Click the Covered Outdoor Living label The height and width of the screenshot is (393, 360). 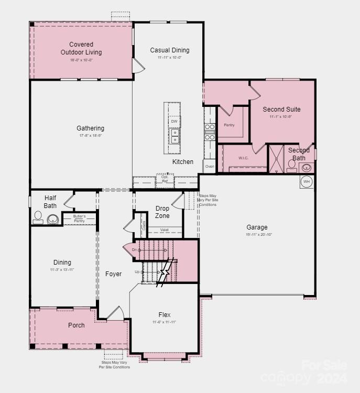[x=81, y=48]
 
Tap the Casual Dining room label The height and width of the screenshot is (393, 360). [x=169, y=50]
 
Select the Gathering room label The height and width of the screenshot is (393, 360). [x=90, y=128]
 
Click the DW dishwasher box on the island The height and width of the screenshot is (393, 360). [x=174, y=122]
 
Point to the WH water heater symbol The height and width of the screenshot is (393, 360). [x=307, y=181]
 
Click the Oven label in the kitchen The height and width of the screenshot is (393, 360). [x=210, y=167]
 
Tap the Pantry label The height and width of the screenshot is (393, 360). [x=229, y=125]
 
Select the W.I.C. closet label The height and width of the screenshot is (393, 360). [x=243, y=158]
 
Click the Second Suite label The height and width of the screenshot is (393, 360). [x=281, y=110]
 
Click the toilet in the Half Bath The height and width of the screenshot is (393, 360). [x=38, y=217]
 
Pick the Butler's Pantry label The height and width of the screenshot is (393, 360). [x=79, y=218]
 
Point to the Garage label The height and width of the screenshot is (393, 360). [x=257, y=227]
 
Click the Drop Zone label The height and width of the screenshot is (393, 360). [x=162, y=212]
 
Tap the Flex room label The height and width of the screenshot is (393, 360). [x=165, y=314]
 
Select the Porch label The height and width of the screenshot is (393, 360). [x=77, y=325]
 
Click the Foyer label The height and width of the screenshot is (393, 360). [x=113, y=274]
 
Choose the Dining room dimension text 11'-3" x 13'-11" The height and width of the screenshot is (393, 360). [x=62, y=269]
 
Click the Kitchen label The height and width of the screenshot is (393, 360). [x=183, y=162]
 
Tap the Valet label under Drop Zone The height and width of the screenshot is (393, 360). [x=164, y=229]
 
